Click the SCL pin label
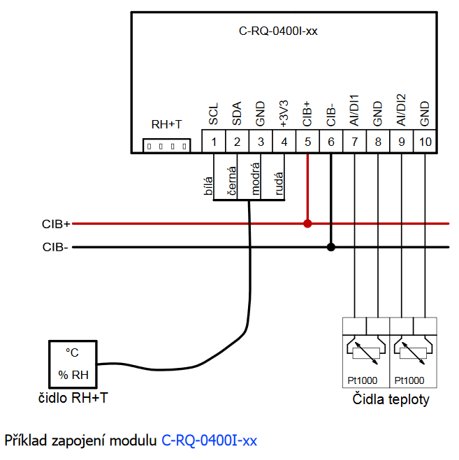pyautogui.click(x=214, y=114)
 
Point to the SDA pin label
pyautogui.click(x=237, y=114)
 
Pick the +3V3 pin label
pyautogui.click(x=284, y=112)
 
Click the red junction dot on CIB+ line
pyautogui.click(x=307, y=224)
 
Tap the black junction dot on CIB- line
pyautogui.click(x=331, y=246)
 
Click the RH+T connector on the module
pyautogui.click(x=166, y=146)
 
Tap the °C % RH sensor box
pyautogui.click(x=73, y=364)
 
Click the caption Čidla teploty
pyautogui.click(x=390, y=400)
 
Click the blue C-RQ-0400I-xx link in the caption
pyautogui.click(x=210, y=441)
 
